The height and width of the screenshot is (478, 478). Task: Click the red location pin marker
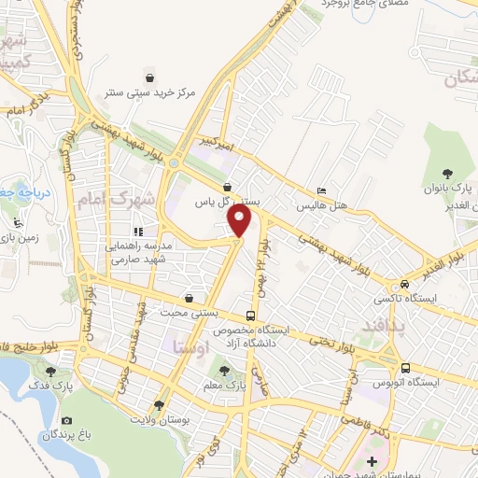pos(240,221)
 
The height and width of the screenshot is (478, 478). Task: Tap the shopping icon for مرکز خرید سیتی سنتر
pos(149,77)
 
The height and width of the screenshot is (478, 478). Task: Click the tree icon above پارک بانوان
pos(448,173)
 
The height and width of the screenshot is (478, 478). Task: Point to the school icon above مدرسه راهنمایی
pos(138,231)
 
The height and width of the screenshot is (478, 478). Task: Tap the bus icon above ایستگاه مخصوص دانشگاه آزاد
pos(250,315)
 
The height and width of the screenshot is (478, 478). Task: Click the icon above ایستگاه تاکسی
pos(403,284)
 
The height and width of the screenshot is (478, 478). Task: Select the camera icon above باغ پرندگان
pos(66,421)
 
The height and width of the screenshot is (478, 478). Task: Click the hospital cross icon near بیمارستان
pos(372,461)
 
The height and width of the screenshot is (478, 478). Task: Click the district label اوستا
pos(192,344)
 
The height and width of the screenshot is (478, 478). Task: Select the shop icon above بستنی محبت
pos(189,299)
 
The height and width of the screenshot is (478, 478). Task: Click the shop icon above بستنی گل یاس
pos(228,186)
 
